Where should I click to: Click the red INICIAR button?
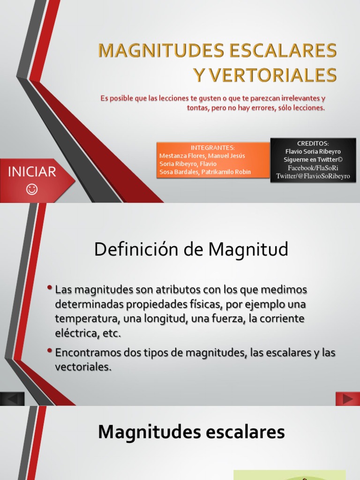[x=32, y=172]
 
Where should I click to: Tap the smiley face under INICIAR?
[x=32, y=189]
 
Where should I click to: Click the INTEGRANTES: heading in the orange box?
[x=213, y=148]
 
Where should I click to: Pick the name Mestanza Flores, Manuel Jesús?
[x=202, y=156]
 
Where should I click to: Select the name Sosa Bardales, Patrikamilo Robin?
[x=205, y=172]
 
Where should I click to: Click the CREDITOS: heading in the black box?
[x=313, y=143]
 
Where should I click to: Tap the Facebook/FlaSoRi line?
[x=313, y=167]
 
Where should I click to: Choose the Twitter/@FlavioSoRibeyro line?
[x=313, y=176]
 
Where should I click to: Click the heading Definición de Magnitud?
[x=191, y=249]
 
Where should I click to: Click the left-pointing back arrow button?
[x=12, y=399]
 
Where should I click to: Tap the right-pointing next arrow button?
[x=347, y=399]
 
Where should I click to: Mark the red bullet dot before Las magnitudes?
[x=50, y=287]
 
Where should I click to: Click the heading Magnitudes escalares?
[x=191, y=432]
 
